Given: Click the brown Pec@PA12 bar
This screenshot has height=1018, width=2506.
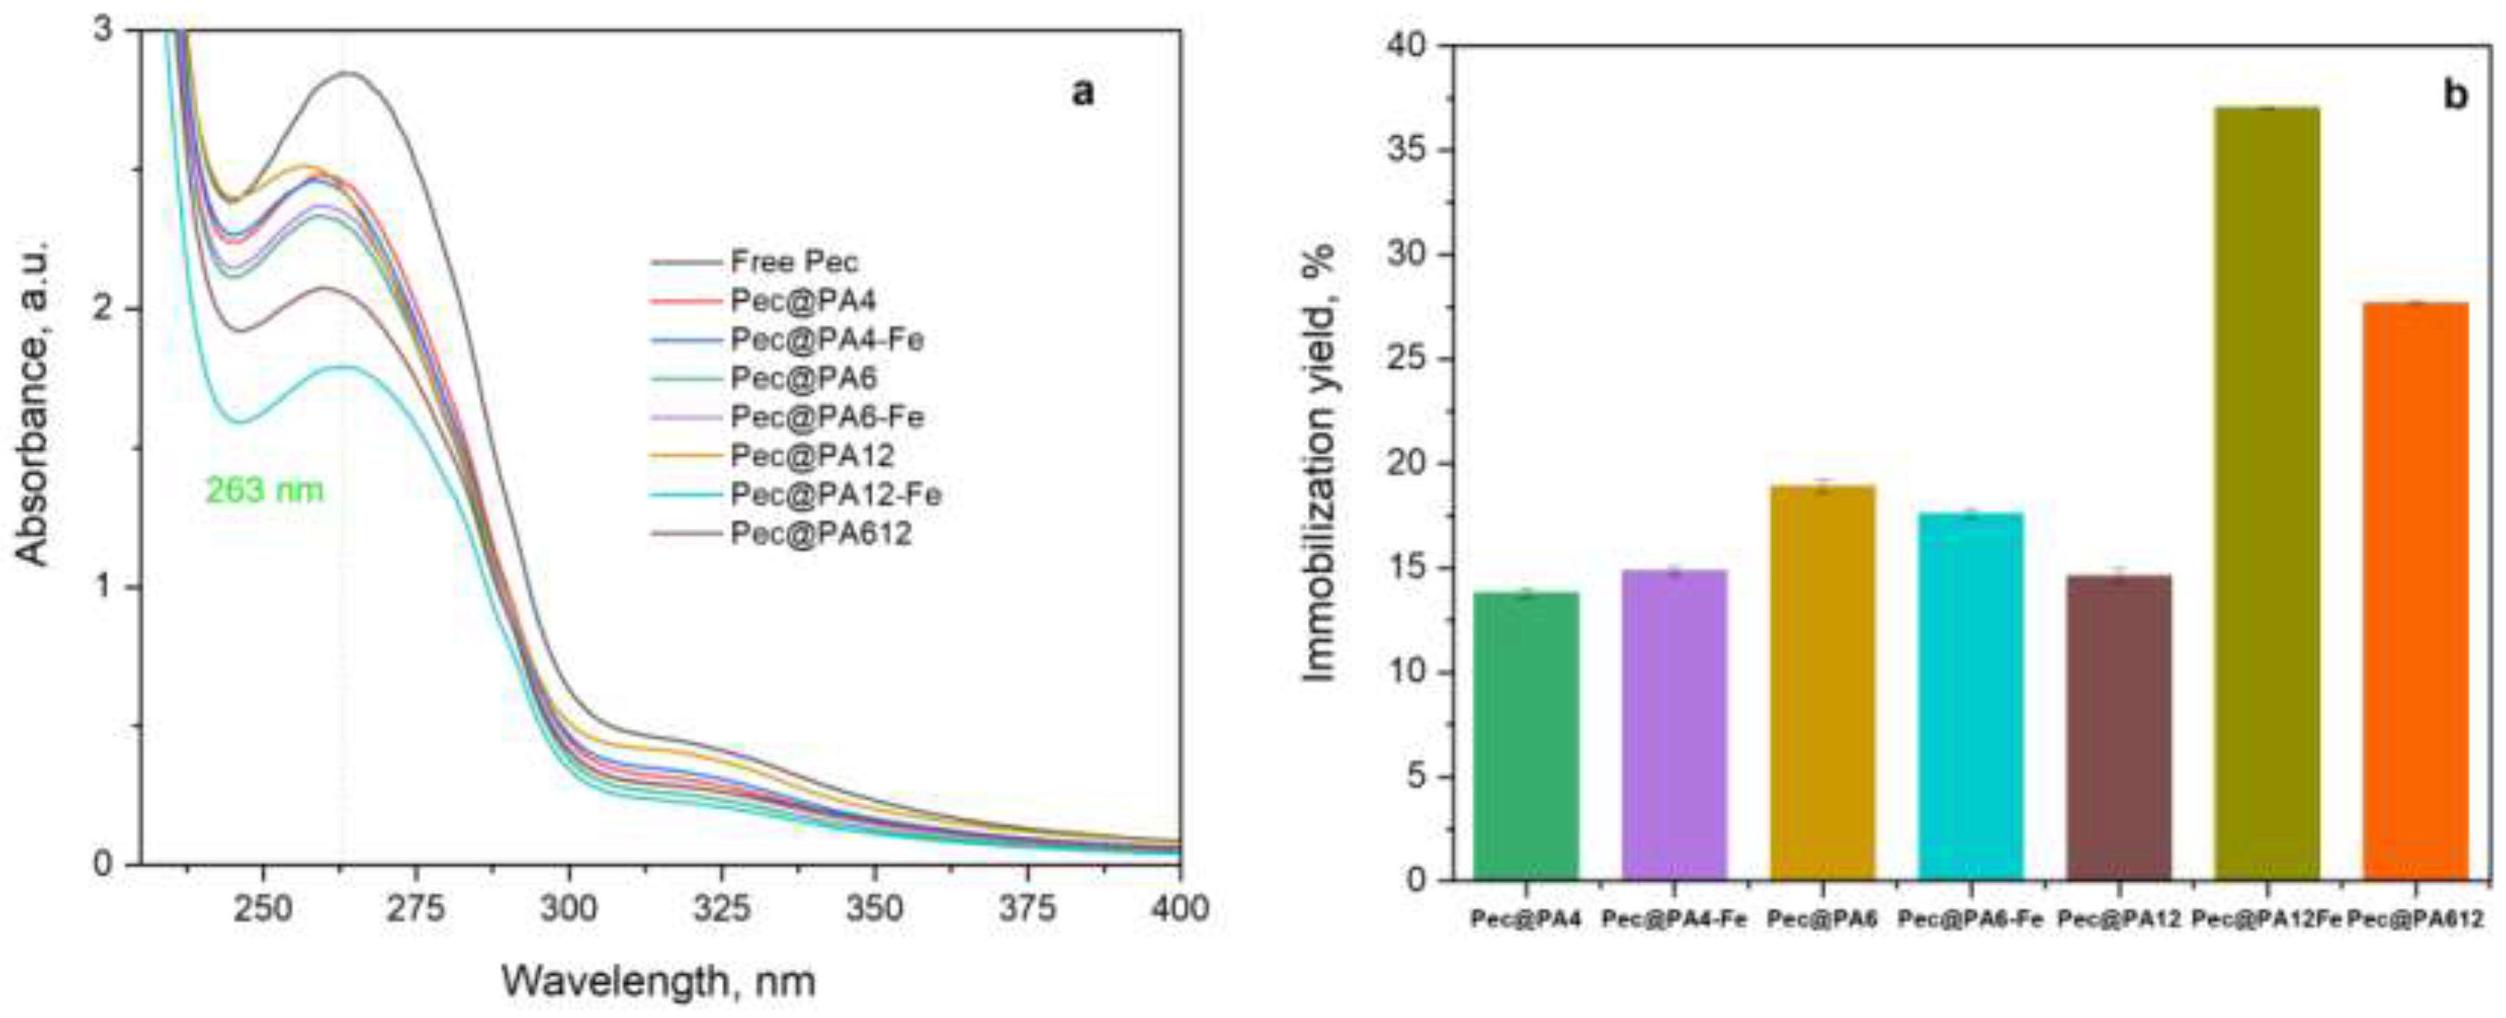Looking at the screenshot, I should tap(2119, 728).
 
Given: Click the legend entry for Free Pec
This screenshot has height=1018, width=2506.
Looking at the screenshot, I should tap(794, 261).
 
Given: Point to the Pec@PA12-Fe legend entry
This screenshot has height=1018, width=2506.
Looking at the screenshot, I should tap(834, 495).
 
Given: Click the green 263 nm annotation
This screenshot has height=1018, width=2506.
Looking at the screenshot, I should tap(264, 490).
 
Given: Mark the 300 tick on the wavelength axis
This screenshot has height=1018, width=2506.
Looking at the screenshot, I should tap(568, 908).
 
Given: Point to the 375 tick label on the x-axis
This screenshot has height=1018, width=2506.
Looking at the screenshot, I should tap(1028, 908).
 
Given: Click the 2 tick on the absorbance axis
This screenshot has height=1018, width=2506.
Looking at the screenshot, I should tap(105, 309).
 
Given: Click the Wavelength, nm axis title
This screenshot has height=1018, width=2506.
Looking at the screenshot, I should tap(658, 982).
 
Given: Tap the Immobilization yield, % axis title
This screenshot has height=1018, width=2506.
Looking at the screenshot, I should tap(1320, 463).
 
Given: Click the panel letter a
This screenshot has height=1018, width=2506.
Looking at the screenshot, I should tap(1082, 93).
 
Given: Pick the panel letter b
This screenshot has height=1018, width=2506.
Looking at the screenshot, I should tap(2455, 95).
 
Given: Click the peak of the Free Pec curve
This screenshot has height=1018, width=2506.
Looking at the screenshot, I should tap(347, 73).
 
